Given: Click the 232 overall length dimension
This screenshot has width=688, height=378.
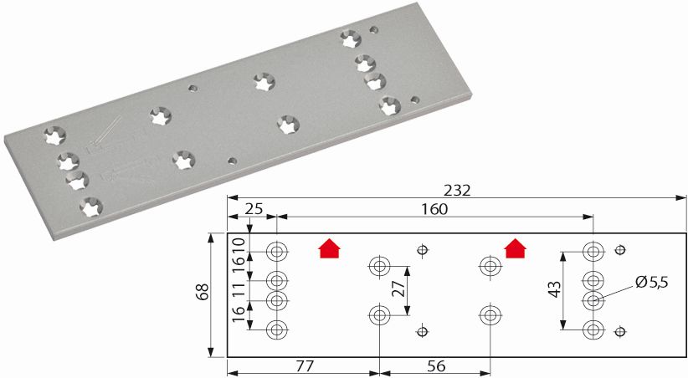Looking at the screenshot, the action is click(x=457, y=190).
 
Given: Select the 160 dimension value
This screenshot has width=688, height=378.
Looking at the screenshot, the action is click(x=434, y=209).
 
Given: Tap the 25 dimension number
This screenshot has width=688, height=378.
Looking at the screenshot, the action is click(x=254, y=209).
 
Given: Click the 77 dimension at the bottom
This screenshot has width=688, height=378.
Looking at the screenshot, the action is click(x=305, y=365).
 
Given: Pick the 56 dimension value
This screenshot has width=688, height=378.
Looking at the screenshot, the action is click(x=436, y=365).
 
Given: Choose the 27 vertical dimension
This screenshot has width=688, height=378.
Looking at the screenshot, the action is click(x=398, y=289).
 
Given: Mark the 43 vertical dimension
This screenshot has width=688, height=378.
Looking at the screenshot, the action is click(x=555, y=289).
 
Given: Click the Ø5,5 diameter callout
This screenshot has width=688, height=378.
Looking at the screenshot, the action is click(x=651, y=283).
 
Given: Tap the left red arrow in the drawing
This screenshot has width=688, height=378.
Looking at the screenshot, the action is click(x=330, y=248).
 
